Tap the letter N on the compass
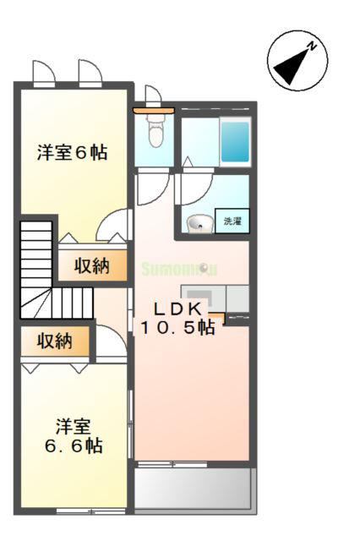311,47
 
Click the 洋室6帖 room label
71,153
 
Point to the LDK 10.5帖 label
177,318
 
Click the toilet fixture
155,132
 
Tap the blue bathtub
235,142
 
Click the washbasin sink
200,223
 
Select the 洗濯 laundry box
232,221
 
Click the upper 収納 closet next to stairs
92,266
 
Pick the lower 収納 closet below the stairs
55,342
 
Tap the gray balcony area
194,488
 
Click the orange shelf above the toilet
153,110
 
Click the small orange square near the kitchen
219,319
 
